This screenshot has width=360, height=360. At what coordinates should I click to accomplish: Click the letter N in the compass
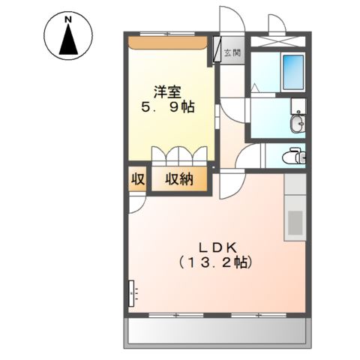point(68,18)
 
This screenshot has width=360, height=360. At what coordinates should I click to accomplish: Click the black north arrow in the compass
point(68,40)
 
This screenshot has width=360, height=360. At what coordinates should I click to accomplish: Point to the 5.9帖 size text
point(168,107)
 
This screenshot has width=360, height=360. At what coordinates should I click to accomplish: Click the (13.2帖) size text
point(216,263)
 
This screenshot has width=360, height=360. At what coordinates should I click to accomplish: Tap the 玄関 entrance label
point(232,52)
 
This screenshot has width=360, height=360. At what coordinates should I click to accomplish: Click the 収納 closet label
point(178,179)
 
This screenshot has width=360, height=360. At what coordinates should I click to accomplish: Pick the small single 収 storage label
point(137,179)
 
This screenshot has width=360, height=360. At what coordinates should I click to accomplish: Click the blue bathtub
point(291,72)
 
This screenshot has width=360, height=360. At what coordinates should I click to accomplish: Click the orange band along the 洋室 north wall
point(166,42)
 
